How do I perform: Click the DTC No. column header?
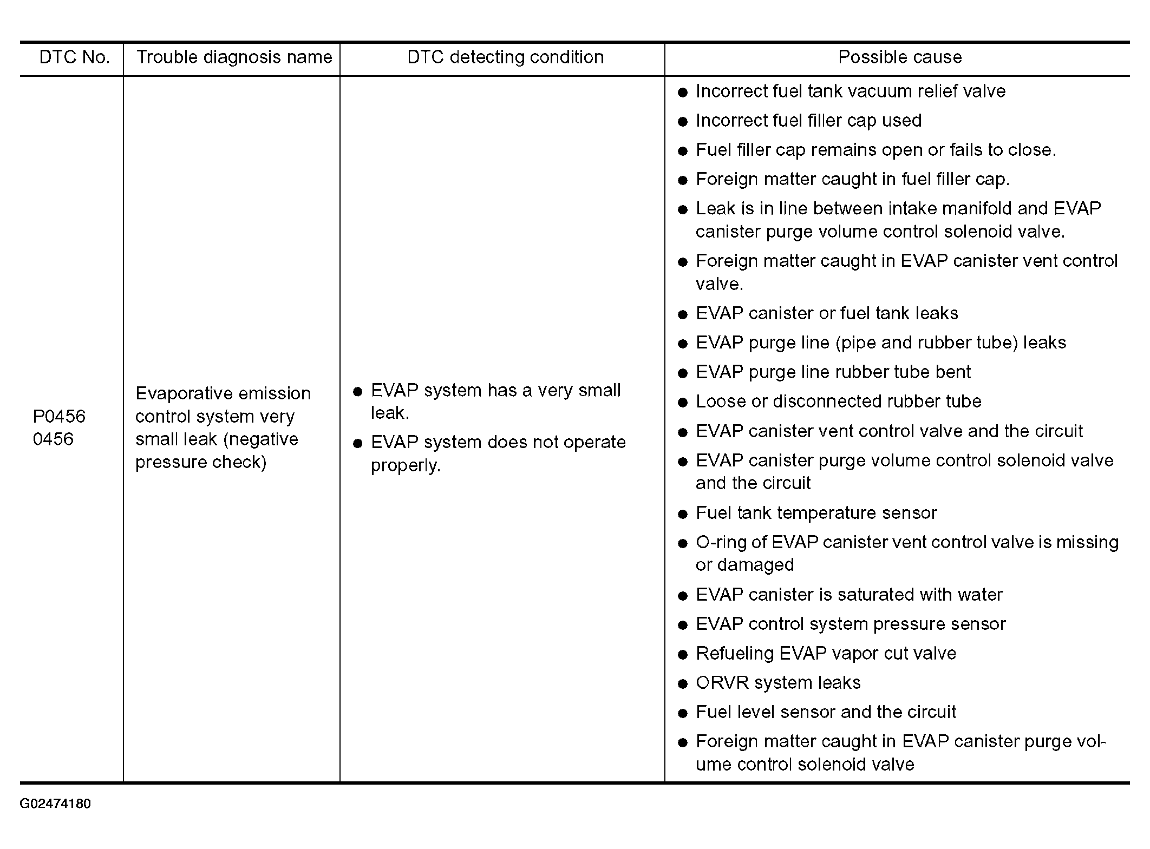click(x=74, y=57)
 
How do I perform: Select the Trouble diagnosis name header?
click(x=234, y=57)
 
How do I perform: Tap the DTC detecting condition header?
click(x=505, y=57)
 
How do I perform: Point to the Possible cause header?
click(x=900, y=57)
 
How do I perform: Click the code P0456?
click(x=59, y=416)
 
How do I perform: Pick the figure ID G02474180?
click(x=55, y=804)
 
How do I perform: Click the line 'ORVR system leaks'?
click(x=778, y=683)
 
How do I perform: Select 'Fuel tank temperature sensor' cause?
click(x=816, y=513)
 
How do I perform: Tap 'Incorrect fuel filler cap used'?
click(x=808, y=121)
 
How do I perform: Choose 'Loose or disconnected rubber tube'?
click(x=838, y=402)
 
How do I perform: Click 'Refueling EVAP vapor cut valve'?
click(x=826, y=654)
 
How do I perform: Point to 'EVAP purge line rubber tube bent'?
click(x=833, y=372)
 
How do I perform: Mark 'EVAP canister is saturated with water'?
click(x=849, y=595)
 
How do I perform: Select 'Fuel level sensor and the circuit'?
click(x=826, y=712)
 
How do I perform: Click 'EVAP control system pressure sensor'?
click(x=851, y=624)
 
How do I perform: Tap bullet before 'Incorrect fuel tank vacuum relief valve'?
click(x=683, y=93)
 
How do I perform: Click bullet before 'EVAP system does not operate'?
click(x=357, y=444)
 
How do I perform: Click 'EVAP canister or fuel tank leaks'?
click(x=827, y=313)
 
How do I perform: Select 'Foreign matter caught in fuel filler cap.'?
click(x=853, y=179)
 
